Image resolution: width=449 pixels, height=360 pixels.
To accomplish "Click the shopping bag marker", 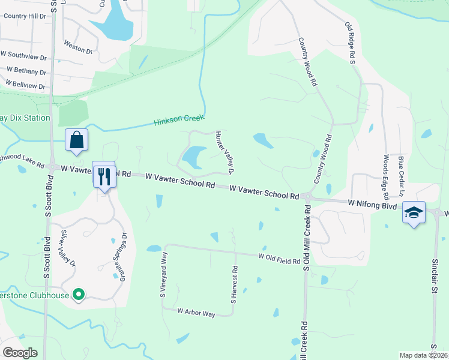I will (77, 140).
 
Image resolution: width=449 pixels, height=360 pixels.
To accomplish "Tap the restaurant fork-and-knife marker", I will (104, 175).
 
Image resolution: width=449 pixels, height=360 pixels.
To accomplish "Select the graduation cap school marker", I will (414, 213).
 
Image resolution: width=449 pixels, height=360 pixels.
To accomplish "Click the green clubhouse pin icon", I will (77, 294).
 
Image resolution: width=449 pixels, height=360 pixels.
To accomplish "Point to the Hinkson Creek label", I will (179, 121).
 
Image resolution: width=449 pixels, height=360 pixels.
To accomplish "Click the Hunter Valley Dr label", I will (224, 152).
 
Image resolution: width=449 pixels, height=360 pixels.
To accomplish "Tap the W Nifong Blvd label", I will (372, 205).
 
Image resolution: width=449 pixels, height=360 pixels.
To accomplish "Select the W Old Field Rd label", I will (279, 258).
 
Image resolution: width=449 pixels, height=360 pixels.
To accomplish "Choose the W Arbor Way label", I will (196, 313).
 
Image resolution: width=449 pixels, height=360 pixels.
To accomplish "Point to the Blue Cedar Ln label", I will (401, 176).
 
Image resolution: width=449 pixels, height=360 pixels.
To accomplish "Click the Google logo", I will (20, 353).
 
